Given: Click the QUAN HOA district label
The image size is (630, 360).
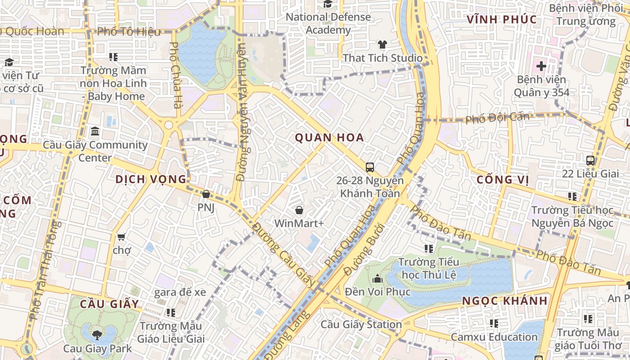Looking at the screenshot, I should (x=329, y=138).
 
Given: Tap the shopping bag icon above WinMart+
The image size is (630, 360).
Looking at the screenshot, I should (x=299, y=210).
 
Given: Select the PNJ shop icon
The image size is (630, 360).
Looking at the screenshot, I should (x=206, y=194).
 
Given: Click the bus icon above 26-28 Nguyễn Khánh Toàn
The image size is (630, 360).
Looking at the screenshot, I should (x=370, y=167).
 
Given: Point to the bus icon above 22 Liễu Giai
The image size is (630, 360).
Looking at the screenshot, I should (x=590, y=160).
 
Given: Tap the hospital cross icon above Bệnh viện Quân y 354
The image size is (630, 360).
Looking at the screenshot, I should (x=541, y=67).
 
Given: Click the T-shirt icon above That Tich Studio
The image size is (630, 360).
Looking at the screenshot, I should (x=382, y=45).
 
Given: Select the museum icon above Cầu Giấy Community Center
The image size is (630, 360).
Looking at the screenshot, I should (x=95, y=131).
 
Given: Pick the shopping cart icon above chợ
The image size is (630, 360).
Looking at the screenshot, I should (x=121, y=236).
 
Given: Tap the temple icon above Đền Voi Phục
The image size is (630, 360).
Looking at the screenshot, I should (x=378, y=279).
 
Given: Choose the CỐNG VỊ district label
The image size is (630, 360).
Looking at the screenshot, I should (x=503, y=180).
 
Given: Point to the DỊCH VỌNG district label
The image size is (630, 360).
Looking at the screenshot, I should (x=151, y=179).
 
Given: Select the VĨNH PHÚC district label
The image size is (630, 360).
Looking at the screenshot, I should (x=502, y=19).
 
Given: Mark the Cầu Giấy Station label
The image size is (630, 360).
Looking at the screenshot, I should (x=361, y=324).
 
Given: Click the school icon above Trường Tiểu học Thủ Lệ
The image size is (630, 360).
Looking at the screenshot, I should (x=428, y=248).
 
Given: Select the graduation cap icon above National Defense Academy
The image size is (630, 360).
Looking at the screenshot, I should (x=328, y=4).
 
